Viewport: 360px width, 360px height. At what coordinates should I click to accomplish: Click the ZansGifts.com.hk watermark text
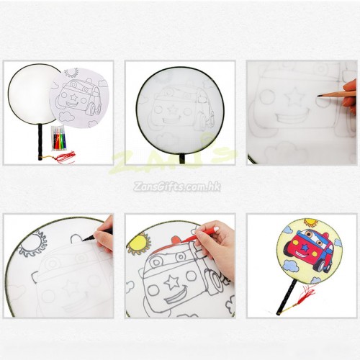(177, 186)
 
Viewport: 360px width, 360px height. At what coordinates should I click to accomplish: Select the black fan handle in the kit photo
(40, 143)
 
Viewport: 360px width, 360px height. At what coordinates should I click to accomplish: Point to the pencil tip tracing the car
(319, 96)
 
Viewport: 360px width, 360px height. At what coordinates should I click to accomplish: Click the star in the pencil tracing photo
(294, 97)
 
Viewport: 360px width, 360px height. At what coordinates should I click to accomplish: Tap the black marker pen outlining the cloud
(98, 235)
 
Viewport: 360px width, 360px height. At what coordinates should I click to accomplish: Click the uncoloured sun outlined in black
(33, 243)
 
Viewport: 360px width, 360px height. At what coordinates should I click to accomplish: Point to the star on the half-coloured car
(172, 282)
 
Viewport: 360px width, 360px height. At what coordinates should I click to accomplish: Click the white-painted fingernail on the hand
(217, 228)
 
